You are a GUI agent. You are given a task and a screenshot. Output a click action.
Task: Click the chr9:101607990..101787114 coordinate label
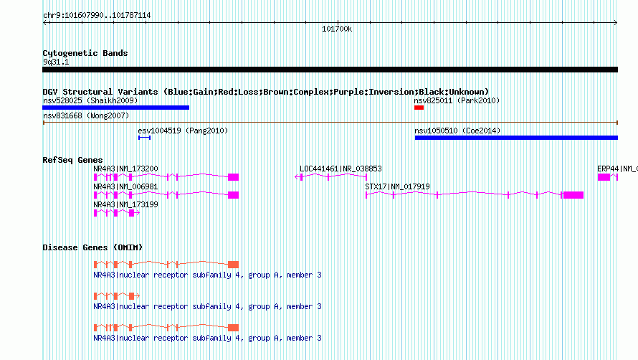tap(97, 16)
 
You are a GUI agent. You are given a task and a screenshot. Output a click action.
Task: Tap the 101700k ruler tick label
tap(337, 29)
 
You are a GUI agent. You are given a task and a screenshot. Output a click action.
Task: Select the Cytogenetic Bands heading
tap(85, 53)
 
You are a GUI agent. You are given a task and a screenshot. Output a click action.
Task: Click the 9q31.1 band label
tap(56, 62)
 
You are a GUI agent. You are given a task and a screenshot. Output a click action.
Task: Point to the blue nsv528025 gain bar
tap(116, 108)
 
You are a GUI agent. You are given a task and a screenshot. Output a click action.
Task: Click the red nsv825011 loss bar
tap(419, 108)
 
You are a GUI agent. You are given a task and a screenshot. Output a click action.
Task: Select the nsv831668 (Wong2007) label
tap(86, 115)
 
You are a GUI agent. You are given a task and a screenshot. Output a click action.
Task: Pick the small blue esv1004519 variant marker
tap(144, 138)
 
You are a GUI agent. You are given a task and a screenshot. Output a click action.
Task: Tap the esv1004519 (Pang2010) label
tap(183, 131)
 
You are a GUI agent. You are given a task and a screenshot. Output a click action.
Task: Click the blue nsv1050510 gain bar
tap(516, 138)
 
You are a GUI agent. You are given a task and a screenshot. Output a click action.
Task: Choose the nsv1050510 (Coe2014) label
tap(457, 131)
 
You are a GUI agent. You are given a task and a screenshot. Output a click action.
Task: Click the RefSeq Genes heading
tap(73, 160)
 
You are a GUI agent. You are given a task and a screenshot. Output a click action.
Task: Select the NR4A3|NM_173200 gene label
tap(125, 169)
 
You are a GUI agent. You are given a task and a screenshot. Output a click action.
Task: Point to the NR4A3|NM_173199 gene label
tap(125, 204)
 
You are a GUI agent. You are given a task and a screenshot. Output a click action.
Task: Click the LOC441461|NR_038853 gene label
tap(341, 169)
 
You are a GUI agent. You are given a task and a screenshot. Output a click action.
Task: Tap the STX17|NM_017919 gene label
tap(398, 186)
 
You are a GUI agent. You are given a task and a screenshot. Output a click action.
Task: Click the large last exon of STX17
tap(573, 195)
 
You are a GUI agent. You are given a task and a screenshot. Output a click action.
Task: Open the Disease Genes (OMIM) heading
tap(92, 247)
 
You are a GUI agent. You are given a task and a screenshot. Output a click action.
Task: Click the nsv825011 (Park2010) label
tap(457, 100)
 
